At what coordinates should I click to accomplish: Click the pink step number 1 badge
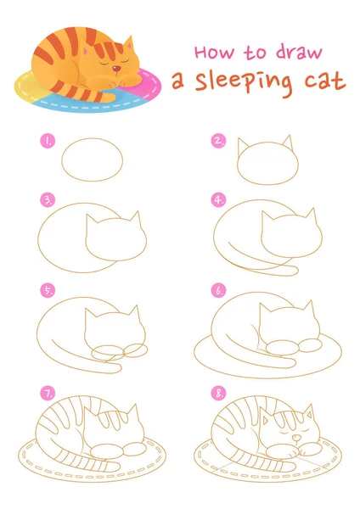click(48, 141)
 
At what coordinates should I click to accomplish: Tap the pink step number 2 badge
click(219, 141)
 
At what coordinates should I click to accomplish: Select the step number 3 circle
click(48, 199)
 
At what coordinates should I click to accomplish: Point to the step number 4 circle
click(219, 199)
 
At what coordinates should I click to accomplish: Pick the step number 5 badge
click(48, 290)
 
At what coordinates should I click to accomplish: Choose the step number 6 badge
click(219, 290)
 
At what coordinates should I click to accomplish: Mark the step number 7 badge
click(48, 394)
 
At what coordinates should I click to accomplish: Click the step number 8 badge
click(219, 394)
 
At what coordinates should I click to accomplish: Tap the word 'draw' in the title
click(299, 51)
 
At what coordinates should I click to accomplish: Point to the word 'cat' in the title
click(324, 81)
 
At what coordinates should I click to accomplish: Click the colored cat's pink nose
click(116, 69)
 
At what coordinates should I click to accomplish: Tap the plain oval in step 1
click(93, 159)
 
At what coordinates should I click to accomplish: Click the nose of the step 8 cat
click(296, 439)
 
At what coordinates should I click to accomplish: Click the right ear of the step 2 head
click(288, 143)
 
